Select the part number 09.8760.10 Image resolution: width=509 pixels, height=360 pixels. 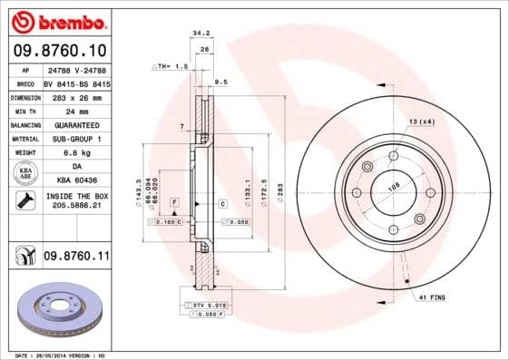pyautogui.click(x=59, y=49)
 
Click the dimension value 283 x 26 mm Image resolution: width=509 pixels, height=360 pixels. pyautogui.click(x=77, y=95)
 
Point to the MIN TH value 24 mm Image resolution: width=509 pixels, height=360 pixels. pyautogui.click(x=77, y=110)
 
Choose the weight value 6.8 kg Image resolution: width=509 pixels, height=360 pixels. pyautogui.click(x=77, y=153)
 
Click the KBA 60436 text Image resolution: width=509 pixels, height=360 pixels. pyautogui.click(x=77, y=181)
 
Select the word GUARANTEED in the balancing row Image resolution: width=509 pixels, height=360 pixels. pyautogui.click(x=77, y=124)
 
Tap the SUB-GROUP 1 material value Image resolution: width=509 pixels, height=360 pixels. pyautogui.click(x=77, y=139)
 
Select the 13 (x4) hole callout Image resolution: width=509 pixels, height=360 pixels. pyautogui.click(x=421, y=121)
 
